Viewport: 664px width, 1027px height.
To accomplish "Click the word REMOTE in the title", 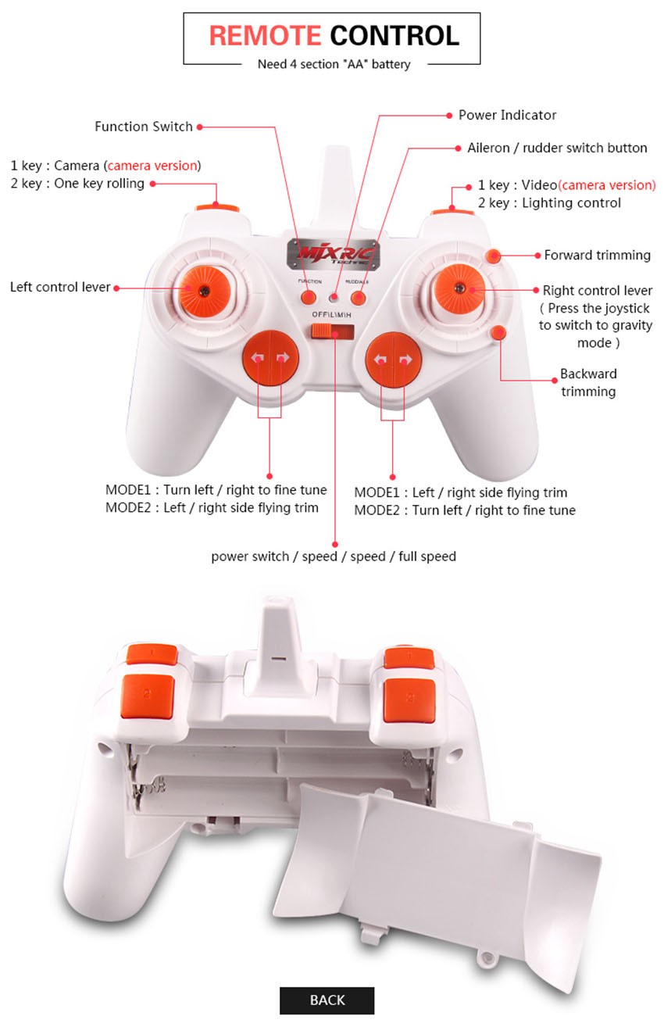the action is [x=265, y=35].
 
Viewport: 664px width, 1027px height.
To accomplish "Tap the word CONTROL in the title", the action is [x=394, y=35].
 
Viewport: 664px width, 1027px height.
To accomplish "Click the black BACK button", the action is [x=327, y=1000].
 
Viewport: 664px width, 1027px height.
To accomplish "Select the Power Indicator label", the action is [x=507, y=115].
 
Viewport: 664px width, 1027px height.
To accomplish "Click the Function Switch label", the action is [x=144, y=127].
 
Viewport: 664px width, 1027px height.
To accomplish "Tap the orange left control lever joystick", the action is [x=204, y=290].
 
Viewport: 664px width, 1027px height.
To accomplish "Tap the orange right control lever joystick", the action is [x=459, y=288].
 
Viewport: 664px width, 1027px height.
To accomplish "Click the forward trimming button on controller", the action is [x=494, y=256].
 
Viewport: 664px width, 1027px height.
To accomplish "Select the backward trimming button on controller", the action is [x=498, y=332].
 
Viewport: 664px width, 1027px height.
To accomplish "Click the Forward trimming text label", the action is [x=597, y=256].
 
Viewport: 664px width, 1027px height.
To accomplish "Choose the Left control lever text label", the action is [x=60, y=288].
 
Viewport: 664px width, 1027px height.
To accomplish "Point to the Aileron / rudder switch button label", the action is [x=557, y=148].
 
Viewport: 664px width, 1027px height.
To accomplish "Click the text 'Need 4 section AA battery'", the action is [x=334, y=64].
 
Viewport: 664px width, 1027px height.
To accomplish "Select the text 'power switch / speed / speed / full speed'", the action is [x=334, y=556].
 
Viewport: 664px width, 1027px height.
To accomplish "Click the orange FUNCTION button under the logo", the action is [x=309, y=298].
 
